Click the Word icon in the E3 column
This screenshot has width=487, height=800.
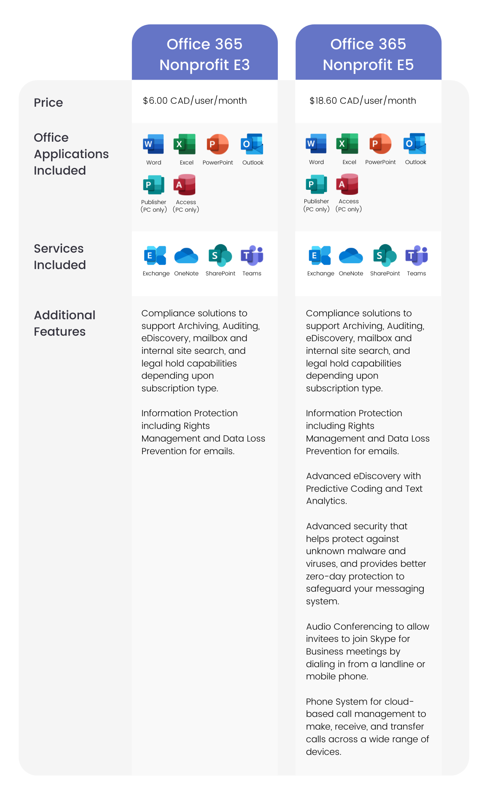[153, 145]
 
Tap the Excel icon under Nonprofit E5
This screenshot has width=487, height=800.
[347, 144]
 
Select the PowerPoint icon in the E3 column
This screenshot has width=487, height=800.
[218, 145]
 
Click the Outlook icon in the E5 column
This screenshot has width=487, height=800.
[415, 144]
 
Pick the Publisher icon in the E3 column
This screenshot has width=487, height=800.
[153, 185]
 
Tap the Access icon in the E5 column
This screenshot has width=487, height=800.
[347, 184]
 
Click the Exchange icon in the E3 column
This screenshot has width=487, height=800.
[155, 256]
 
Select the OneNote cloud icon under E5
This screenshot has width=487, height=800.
[351, 256]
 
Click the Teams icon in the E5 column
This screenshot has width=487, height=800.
[417, 256]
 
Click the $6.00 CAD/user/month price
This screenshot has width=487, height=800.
[195, 101]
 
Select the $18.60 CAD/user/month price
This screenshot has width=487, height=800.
[363, 101]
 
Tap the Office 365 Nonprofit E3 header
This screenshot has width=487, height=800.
[204, 54]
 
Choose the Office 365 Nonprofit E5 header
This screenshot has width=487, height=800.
[368, 54]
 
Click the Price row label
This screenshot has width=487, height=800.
[48, 102]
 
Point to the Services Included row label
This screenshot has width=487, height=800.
[59, 257]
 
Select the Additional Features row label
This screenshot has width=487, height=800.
[65, 323]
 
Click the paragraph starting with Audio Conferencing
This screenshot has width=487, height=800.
[367, 651]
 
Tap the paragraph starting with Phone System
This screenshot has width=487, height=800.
[367, 726]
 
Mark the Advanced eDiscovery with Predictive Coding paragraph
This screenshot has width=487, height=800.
[364, 488]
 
